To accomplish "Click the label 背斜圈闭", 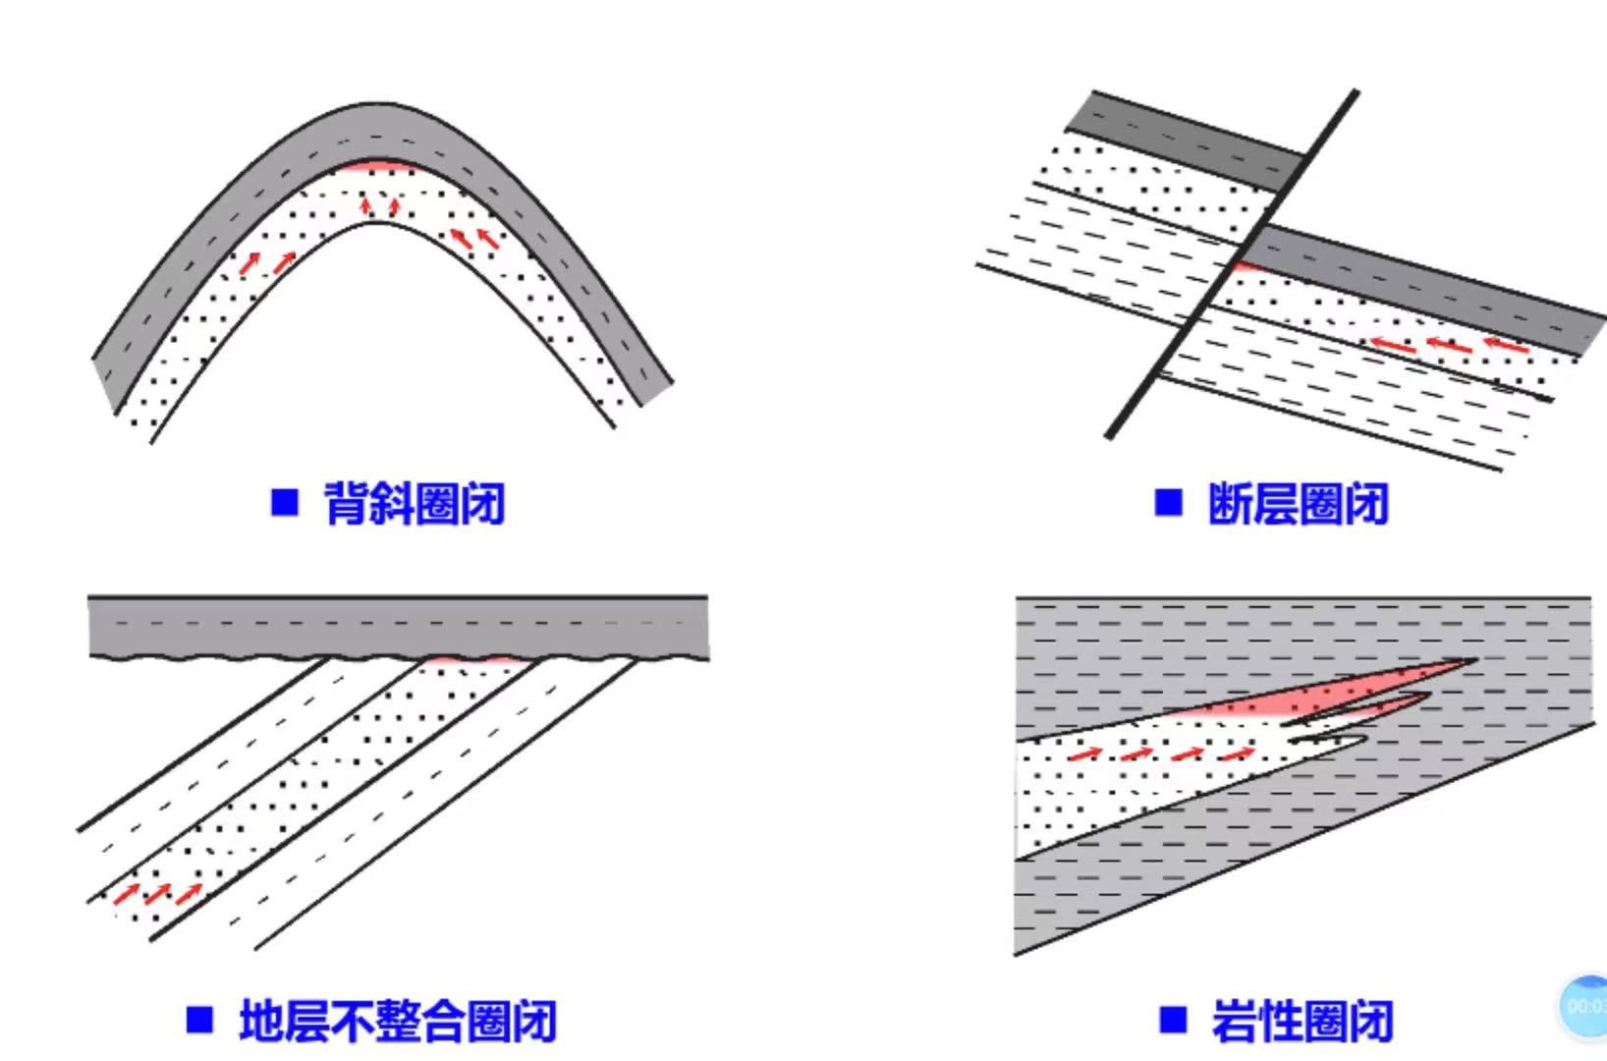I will tap(414, 504).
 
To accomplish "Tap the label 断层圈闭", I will tap(1298, 504).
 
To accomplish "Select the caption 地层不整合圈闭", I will tap(398, 1021).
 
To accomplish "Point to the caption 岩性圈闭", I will tap(1302, 1021).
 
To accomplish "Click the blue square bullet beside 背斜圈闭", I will tap(285, 503).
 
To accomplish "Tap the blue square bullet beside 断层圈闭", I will tap(1169, 503).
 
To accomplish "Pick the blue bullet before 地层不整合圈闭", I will tap(199, 1020).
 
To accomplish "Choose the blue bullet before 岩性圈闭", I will tap(1173, 1020).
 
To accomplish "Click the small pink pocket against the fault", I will tap(1245, 265).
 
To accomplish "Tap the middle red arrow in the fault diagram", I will tap(1449, 345).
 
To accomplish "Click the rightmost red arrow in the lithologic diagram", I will tap(1238, 754).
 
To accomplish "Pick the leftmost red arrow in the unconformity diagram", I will tap(126, 894).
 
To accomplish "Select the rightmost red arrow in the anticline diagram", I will tap(487, 238).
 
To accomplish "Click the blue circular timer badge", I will tap(1583, 1006).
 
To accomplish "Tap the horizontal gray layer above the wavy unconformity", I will tap(398, 626).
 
